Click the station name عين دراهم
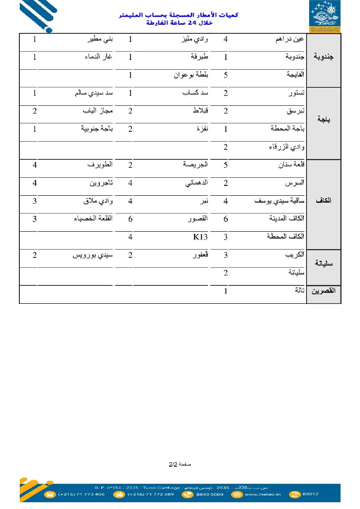(x=290, y=40)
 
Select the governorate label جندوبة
(x=324, y=57)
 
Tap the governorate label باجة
(x=324, y=120)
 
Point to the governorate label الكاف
(x=324, y=201)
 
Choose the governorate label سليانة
(x=324, y=264)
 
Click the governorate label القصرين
(x=324, y=291)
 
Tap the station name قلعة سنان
(x=290, y=165)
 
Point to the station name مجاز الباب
(x=98, y=111)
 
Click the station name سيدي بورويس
(x=93, y=255)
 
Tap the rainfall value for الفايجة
(x=226, y=75)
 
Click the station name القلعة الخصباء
(x=93, y=219)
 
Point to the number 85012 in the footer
(x=310, y=494)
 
